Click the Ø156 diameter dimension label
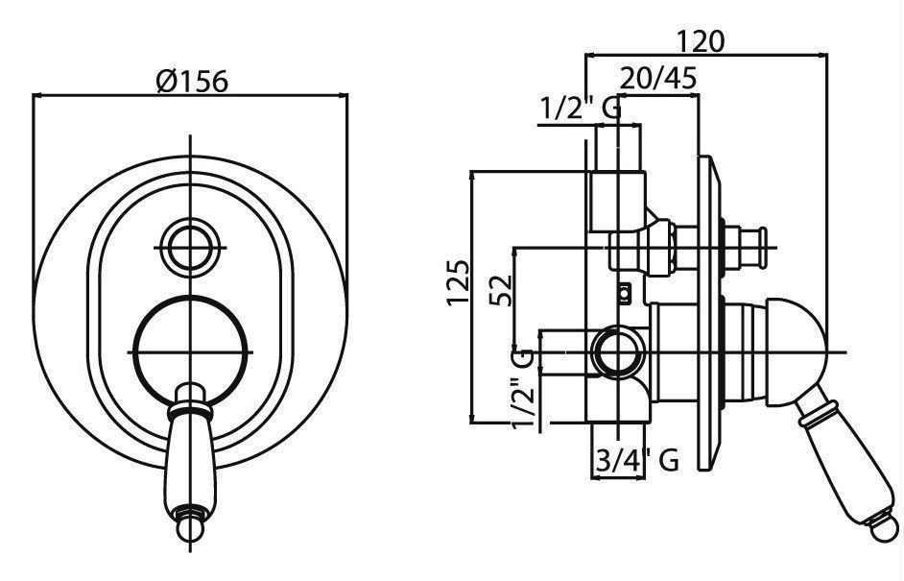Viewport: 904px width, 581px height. (192, 82)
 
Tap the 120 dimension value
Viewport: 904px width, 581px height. (700, 41)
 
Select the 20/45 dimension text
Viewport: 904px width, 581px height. (658, 78)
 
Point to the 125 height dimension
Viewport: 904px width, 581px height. (459, 282)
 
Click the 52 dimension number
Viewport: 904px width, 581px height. (500, 291)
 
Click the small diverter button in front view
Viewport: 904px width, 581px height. (190, 247)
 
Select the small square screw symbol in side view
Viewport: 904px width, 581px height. (623, 294)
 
